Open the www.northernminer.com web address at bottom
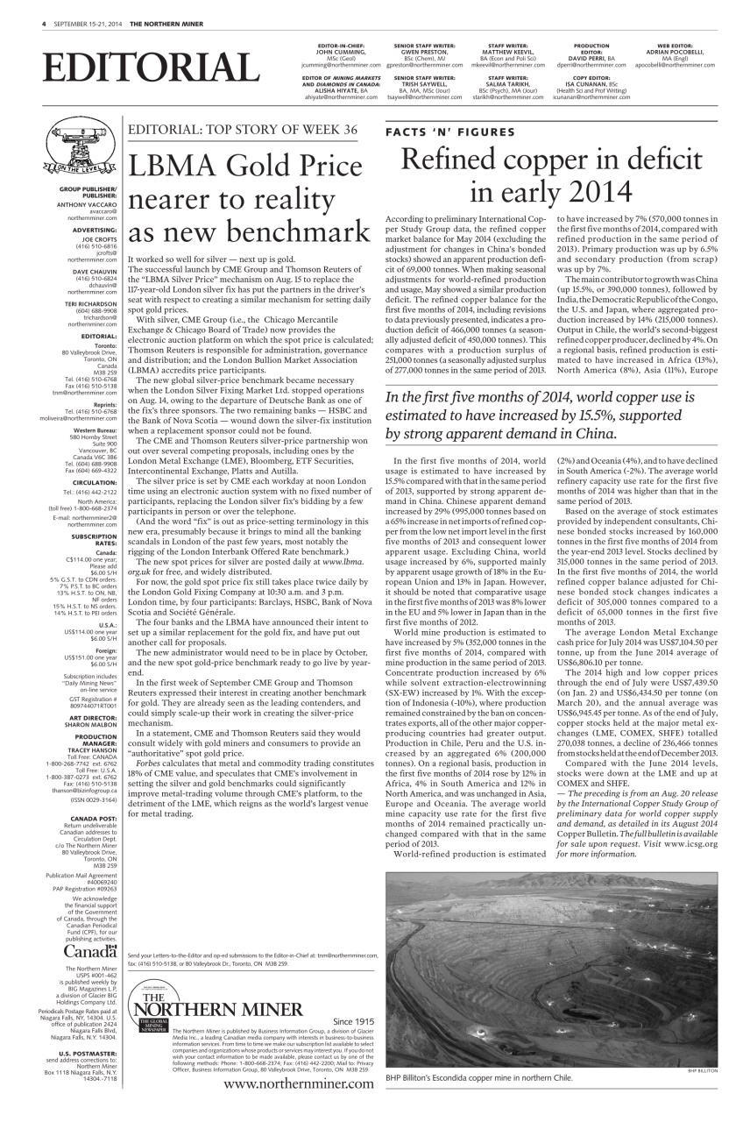298,1084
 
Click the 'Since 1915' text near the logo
353,1021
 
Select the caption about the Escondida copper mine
478,1077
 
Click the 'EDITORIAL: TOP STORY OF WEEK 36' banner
243,130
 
